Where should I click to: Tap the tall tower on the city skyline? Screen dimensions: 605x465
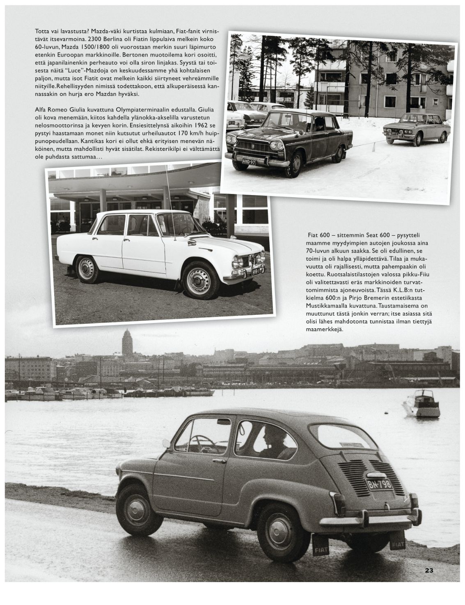[127, 343]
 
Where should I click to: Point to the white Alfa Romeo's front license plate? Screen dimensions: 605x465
[255, 271]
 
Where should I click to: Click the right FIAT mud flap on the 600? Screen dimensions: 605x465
[398, 544]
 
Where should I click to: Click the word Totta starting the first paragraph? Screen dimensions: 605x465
[42, 31]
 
